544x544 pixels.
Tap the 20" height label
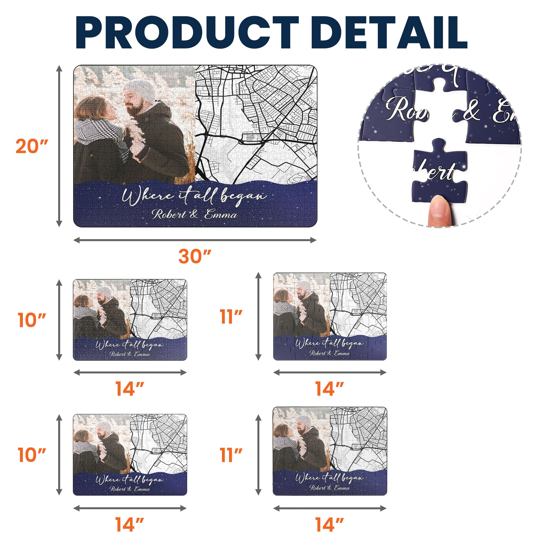coord(32,146)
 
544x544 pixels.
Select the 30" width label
coord(195,256)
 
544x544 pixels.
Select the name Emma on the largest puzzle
coord(221,214)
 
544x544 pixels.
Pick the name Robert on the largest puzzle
coord(169,214)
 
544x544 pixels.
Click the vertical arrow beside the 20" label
coord(59,146)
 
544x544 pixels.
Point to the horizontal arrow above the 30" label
coord(195,240)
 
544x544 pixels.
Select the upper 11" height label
coord(231,317)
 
